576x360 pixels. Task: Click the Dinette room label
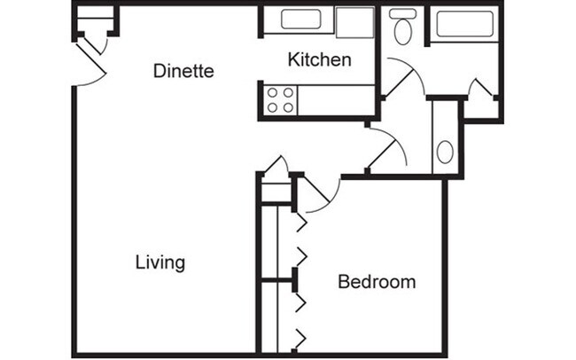pyautogui.click(x=183, y=71)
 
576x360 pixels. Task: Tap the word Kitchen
pyautogui.click(x=320, y=60)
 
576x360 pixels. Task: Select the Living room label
pyautogui.click(x=160, y=262)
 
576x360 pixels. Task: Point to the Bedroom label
pyautogui.click(x=377, y=282)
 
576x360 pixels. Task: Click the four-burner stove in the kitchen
pyautogui.click(x=280, y=100)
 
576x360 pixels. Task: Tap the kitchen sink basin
pyautogui.click(x=306, y=20)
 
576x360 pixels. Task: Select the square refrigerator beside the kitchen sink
pyautogui.click(x=354, y=23)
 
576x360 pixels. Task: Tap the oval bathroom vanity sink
pyautogui.click(x=445, y=151)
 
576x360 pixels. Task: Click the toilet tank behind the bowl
pyautogui.click(x=403, y=13)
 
